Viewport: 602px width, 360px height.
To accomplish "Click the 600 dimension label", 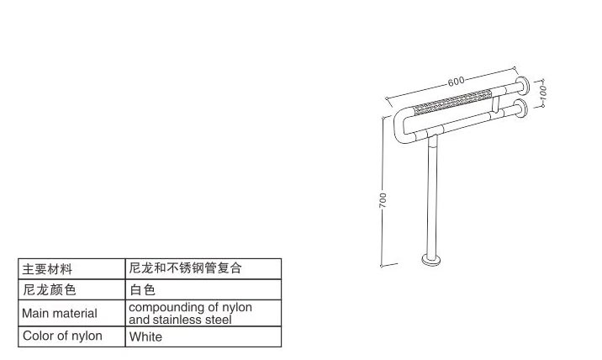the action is pyautogui.click(x=456, y=82).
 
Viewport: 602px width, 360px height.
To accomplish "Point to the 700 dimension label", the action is pyautogui.click(x=383, y=200).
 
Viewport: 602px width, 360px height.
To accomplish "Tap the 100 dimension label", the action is pyautogui.click(x=542, y=93).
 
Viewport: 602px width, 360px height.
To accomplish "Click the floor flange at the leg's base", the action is pyautogui.click(x=431, y=260).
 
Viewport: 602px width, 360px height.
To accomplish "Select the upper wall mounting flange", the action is pyautogui.click(x=522, y=86).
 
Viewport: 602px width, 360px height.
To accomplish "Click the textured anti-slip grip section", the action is pyautogui.click(x=453, y=102).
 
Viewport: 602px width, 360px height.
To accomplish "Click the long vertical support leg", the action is pyautogui.click(x=432, y=196).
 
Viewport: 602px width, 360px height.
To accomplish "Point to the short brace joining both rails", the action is pyautogui.click(x=496, y=104).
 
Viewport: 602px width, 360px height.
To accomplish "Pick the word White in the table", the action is pyautogui.click(x=145, y=336).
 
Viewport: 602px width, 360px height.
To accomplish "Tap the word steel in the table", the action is pyautogui.click(x=218, y=320).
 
